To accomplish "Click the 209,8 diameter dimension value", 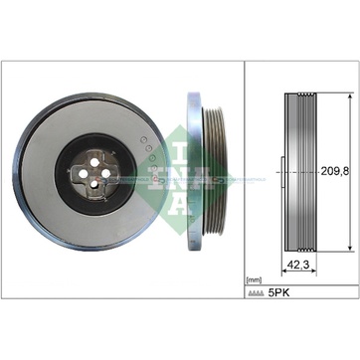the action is [x=335, y=171].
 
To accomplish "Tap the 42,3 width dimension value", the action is [x=298, y=265].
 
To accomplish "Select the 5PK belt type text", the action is [x=278, y=293].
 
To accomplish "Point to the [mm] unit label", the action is [x=255, y=280].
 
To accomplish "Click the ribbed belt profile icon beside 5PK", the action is [x=256, y=293].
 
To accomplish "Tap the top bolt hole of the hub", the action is [x=94, y=162].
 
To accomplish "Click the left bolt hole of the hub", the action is [x=84, y=174].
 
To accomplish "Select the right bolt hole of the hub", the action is [x=106, y=173].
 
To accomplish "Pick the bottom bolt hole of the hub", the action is [x=94, y=184].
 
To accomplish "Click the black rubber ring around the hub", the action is [x=63, y=174].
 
